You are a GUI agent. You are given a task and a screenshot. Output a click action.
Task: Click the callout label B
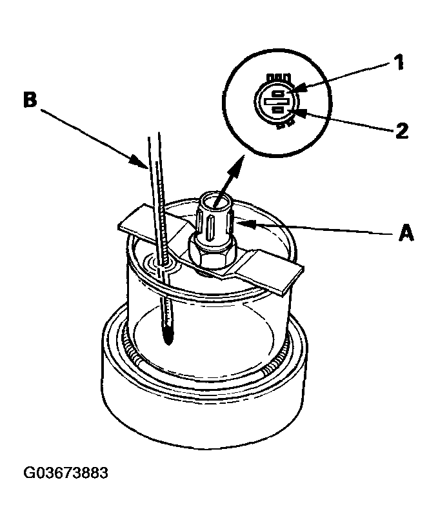coord(30,100)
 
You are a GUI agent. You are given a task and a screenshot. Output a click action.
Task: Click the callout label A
coord(406,233)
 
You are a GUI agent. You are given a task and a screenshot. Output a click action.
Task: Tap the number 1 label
coord(399,62)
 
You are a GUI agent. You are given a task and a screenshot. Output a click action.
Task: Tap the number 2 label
coord(401,131)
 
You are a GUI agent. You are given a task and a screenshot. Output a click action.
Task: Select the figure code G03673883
coord(66,473)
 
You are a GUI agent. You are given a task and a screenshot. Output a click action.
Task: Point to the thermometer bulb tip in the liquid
coord(168,340)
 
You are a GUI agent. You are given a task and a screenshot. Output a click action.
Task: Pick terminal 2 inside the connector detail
coord(277,110)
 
